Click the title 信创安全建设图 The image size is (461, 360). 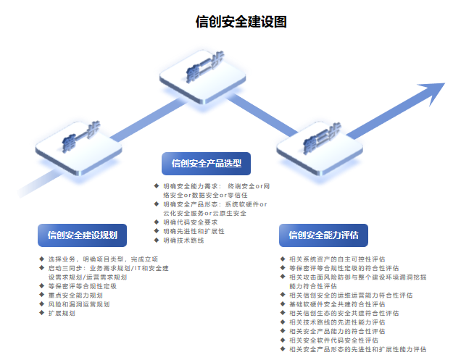(241, 22)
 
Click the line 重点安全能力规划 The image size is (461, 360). (75, 296)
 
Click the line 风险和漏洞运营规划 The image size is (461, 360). (79, 304)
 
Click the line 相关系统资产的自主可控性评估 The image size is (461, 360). (337, 259)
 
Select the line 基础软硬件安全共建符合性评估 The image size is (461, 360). (337, 304)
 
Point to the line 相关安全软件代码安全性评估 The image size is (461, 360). (333, 340)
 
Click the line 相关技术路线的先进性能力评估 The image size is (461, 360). (337, 322)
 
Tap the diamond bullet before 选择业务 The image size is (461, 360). (41, 259)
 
